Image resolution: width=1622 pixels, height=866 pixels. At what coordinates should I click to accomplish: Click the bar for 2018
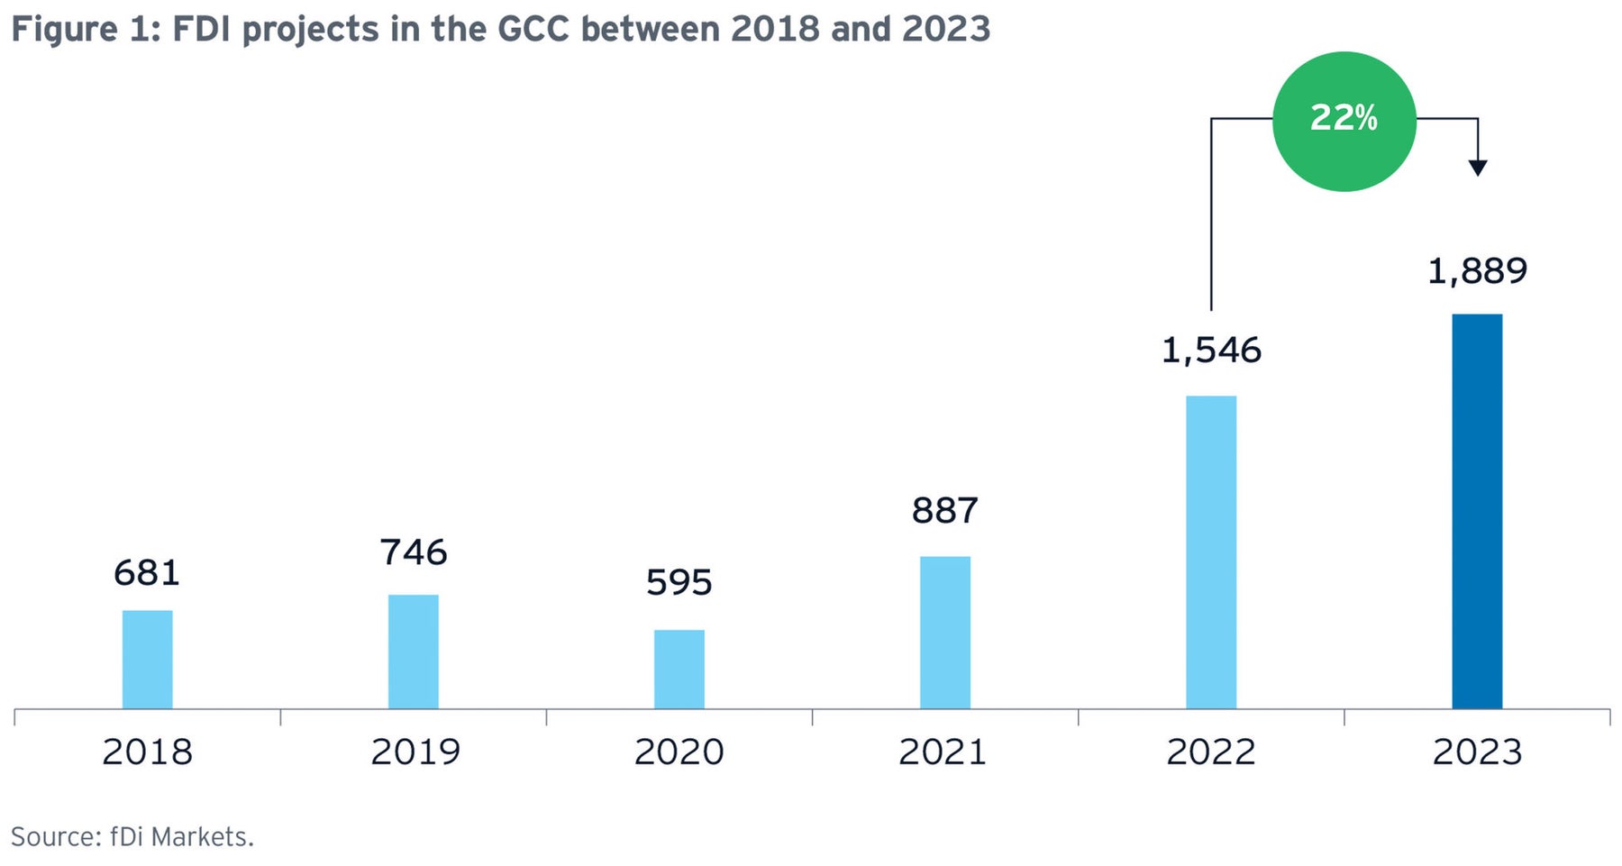[147, 660]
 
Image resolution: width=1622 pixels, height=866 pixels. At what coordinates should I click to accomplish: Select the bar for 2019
[413, 652]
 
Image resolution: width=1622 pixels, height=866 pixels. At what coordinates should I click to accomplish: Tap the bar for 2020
[679, 670]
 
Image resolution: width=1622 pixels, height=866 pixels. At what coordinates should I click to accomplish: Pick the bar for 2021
[944, 633]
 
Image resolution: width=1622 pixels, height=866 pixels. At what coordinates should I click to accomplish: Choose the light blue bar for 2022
[1210, 552]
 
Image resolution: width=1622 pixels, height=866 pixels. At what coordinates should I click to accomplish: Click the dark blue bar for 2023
[1476, 511]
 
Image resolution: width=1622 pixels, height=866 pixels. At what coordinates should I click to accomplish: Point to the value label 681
[147, 573]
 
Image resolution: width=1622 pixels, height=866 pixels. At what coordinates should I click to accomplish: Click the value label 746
[413, 552]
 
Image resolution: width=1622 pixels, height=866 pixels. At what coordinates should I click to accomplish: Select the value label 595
[679, 583]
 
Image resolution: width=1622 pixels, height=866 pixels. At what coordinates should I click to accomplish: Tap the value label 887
[944, 511]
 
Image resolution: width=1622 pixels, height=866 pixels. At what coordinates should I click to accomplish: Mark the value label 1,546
[1210, 351]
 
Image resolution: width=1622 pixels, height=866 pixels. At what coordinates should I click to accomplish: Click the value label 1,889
[1476, 271]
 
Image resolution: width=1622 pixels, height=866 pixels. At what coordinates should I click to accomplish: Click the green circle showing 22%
[1344, 121]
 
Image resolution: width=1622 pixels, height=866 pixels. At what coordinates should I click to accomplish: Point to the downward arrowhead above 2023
[1477, 168]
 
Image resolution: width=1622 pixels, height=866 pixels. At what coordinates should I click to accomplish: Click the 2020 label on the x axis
[679, 752]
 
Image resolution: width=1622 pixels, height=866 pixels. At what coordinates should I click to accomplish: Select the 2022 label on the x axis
[1210, 752]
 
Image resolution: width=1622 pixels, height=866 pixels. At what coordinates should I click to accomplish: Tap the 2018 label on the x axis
[147, 752]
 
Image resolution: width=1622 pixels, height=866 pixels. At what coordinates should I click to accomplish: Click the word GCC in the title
[534, 30]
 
